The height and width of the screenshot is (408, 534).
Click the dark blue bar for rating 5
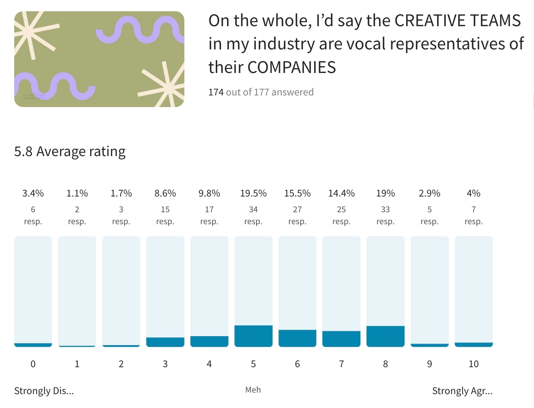pyautogui.click(x=253, y=336)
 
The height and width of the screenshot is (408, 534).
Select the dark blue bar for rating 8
pyautogui.click(x=385, y=336)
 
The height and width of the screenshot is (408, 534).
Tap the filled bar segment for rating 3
pyautogui.click(x=165, y=342)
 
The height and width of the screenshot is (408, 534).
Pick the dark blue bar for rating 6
pyautogui.click(x=297, y=338)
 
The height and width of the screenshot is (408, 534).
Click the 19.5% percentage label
pyautogui.click(x=253, y=193)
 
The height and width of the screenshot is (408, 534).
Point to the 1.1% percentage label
pyautogui.click(x=77, y=193)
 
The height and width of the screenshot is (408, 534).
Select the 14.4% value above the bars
pyautogui.click(x=341, y=193)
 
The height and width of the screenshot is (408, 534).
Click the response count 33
pyautogui.click(x=385, y=209)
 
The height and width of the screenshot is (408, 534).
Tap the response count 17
pyautogui.click(x=209, y=209)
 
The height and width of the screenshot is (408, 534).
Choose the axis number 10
pyautogui.click(x=473, y=364)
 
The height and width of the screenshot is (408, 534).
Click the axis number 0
pyautogui.click(x=33, y=364)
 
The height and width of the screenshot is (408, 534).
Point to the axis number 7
pyautogui.click(x=341, y=364)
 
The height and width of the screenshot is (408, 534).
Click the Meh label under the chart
pyautogui.click(x=253, y=390)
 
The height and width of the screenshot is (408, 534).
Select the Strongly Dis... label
pyautogui.click(x=44, y=391)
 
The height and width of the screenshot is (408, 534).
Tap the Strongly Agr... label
pyautogui.click(x=462, y=391)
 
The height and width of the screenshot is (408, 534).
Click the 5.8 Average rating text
pyautogui.click(x=70, y=152)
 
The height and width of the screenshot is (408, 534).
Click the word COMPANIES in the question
pyautogui.click(x=291, y=67)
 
